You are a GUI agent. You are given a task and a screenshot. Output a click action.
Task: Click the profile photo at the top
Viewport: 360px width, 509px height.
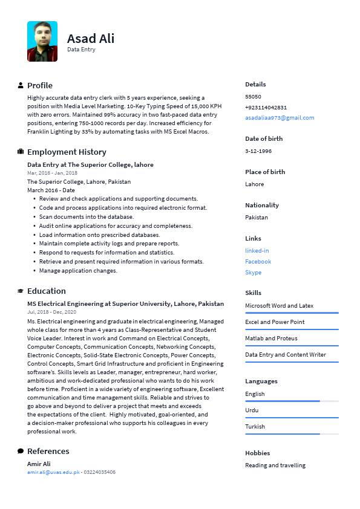coord(42,41)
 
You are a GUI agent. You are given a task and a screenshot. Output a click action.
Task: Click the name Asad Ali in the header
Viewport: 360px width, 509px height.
coord(91,38)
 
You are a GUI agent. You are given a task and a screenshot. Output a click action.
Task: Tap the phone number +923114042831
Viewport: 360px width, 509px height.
coord(266,107)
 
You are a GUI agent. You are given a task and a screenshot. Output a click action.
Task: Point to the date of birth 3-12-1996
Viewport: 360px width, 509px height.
coord(258,151)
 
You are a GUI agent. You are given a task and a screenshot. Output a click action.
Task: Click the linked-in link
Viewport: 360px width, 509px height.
coord(257,250)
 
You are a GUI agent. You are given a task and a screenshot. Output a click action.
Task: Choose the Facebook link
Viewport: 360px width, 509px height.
coord(258,261)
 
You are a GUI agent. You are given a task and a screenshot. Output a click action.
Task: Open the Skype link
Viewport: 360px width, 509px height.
coord(254,272)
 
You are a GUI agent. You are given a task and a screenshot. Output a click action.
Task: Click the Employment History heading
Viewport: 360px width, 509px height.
coord(67,152)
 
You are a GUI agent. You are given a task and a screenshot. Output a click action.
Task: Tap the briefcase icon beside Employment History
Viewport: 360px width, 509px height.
coord(21,152)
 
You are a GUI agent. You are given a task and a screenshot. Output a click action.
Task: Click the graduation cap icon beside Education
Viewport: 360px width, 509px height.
coord(21,291)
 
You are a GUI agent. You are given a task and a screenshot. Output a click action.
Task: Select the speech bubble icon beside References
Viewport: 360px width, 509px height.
coord(21,451)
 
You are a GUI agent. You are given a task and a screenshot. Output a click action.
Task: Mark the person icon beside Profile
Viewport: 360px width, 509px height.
coord(21,85)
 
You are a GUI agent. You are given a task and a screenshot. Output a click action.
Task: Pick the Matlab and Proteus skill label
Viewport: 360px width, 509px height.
coord(271,338)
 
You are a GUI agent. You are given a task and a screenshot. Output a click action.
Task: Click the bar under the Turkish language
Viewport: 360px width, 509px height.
coord(292,433)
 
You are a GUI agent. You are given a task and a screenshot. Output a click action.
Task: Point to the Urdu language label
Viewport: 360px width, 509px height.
coord(252,410)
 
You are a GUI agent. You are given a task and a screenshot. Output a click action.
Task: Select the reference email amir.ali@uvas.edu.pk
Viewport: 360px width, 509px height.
coord(53,472)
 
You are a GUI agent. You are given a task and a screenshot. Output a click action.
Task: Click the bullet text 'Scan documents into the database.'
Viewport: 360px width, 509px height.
coord(87,216)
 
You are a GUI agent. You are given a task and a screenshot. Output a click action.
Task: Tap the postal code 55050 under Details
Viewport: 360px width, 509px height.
coord(253,96)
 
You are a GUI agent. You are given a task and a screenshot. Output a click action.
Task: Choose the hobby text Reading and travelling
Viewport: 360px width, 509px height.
coord(275,465)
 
